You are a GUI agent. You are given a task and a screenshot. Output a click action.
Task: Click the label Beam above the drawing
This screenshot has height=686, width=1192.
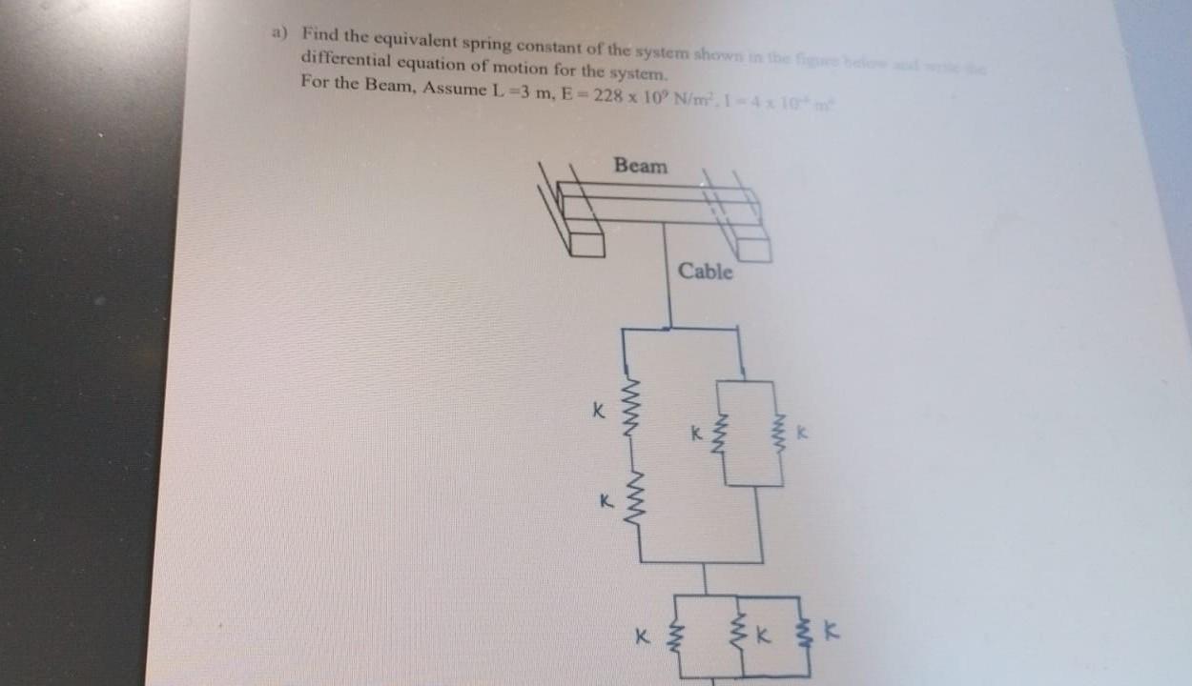tap(641, 166)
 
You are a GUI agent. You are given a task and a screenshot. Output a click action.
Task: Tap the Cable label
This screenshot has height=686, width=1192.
tap(706, 272)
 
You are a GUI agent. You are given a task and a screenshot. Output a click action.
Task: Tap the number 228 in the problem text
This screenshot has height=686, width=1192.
tap(608, 95)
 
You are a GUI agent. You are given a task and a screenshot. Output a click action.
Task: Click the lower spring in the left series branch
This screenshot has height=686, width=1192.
tap(630, 498)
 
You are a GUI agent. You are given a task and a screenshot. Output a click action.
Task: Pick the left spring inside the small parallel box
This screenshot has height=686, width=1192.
tap(722, 434)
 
